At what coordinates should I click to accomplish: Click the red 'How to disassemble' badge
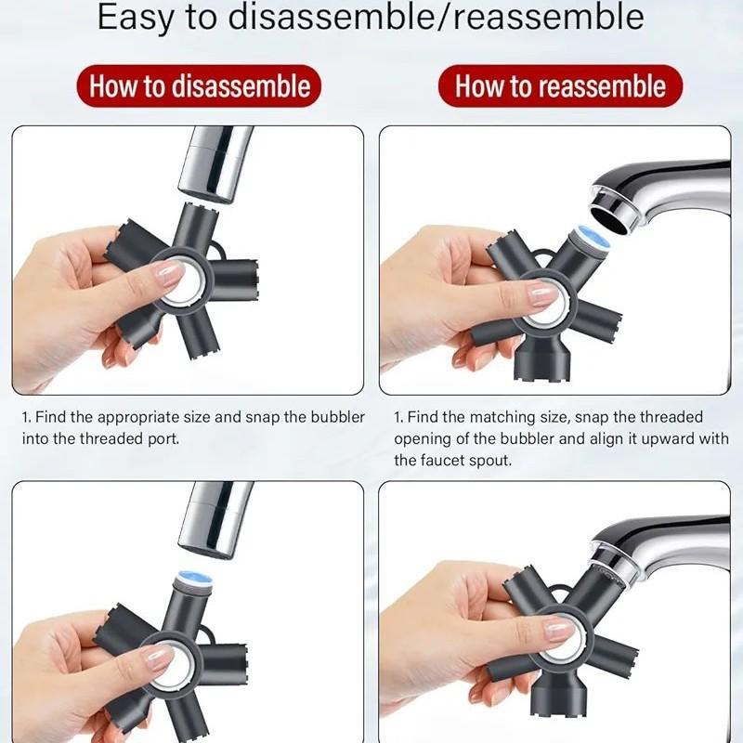[x=199, y=85]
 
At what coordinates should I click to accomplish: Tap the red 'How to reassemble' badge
[x=560, y=85]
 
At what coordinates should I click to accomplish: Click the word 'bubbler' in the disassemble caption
[x=338, y=417]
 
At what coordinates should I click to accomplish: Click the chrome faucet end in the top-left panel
[x=215, y=164]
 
